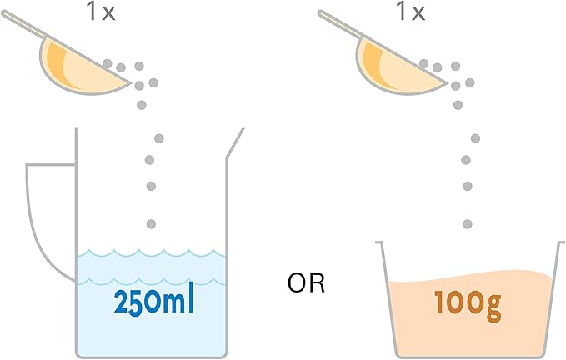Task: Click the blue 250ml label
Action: click(153, 302)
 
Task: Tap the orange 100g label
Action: click(468, 305)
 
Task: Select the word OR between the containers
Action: click(306, 283)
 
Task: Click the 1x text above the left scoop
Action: click(100, 12)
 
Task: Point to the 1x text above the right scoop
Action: click(411, 12)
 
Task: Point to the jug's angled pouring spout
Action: click(235, 142)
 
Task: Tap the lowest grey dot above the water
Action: click(151, 224)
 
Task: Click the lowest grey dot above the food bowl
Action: click(468, 224)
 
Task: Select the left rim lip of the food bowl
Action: click(379, 242)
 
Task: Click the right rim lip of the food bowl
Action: click(561, 242)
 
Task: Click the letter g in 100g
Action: click(493, 309)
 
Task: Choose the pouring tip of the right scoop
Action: click(447, 83)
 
